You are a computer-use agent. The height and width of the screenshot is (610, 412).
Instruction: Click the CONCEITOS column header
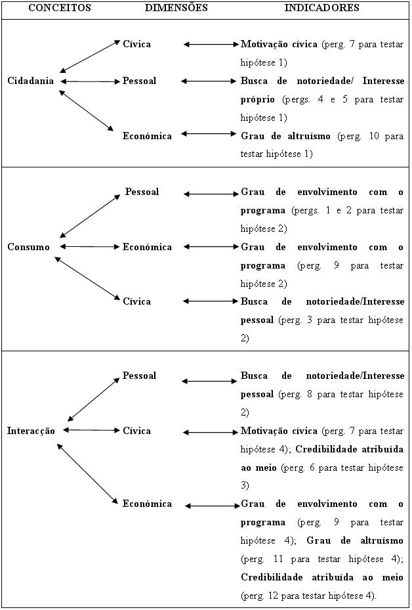pos(60,8)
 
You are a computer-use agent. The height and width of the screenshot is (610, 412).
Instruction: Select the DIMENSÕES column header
pos(176,8)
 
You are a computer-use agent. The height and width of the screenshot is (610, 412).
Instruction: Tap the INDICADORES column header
pos(322,8)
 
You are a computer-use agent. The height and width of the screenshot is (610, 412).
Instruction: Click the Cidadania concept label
pos(31,81)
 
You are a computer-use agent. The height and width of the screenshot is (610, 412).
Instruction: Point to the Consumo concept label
pos(29,247)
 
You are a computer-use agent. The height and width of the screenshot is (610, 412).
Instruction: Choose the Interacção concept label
pos(31,431)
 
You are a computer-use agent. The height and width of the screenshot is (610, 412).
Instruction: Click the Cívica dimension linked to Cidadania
pos(137,44)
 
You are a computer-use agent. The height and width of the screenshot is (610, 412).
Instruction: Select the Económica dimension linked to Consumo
pos(147,247)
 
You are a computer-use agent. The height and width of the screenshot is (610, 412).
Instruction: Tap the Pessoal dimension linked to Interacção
pos(140,376)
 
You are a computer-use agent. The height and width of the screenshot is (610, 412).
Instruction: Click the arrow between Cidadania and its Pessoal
pos(91,81)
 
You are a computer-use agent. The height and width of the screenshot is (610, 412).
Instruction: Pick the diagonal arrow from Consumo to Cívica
pos(87,278)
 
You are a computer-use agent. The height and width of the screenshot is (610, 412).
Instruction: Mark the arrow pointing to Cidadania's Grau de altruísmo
pos(209,134)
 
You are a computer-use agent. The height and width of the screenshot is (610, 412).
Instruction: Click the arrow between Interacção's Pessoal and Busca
pos(209,381)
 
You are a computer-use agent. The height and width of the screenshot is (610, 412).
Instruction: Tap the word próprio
pos(257,100)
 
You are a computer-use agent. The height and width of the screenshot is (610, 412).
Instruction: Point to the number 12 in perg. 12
pos(273,596)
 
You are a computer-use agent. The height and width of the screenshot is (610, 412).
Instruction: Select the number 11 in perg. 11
pos(278,559)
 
